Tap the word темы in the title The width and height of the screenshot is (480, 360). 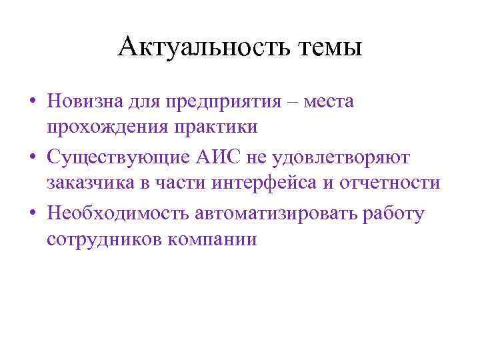coord(329,48)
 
